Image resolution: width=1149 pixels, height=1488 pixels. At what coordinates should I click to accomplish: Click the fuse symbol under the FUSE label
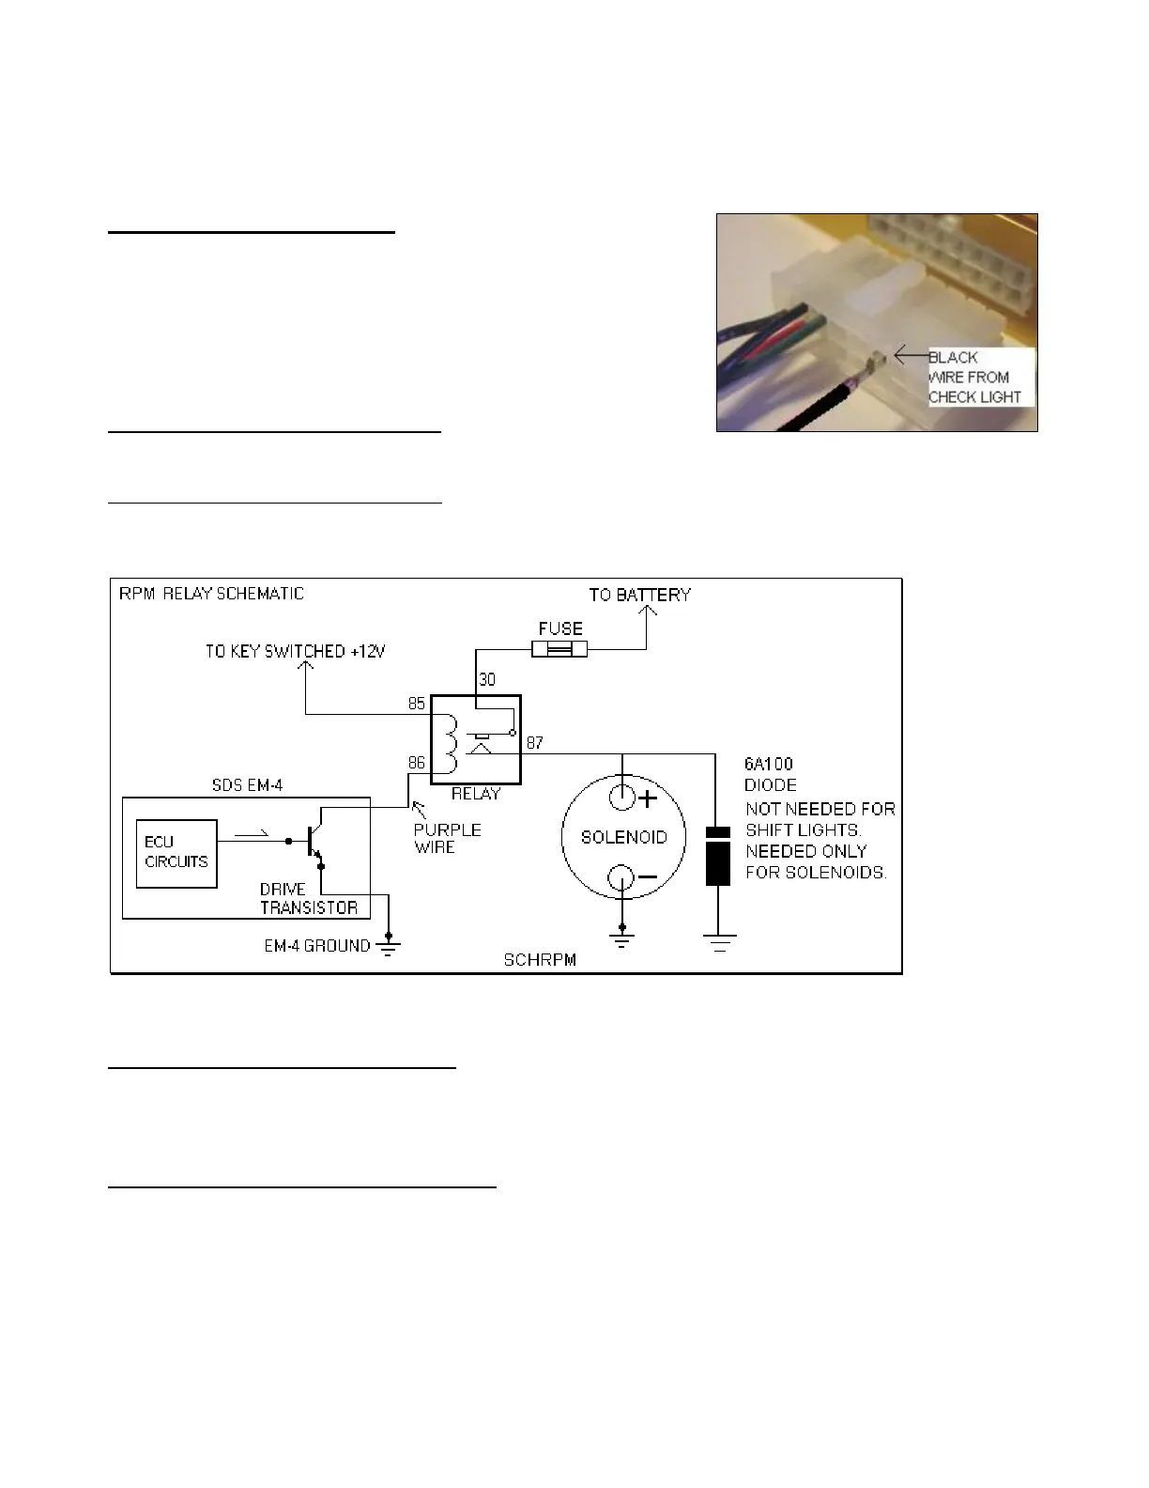559,649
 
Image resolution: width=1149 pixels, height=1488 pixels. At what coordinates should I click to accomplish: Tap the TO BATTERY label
639,595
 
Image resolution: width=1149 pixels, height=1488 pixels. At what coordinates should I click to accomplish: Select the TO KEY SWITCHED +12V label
296,651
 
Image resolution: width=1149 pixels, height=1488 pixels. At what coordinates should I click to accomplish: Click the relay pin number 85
416,704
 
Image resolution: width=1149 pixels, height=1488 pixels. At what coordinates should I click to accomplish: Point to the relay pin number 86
416,764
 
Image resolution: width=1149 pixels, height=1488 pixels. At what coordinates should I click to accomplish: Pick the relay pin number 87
534,742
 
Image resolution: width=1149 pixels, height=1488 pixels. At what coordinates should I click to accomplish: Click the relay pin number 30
487,679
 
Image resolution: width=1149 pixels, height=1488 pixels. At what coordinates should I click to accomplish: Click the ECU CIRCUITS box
176,853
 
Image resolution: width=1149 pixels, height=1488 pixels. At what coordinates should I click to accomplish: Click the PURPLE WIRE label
447,838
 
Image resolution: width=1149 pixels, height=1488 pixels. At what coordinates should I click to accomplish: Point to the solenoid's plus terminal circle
622,798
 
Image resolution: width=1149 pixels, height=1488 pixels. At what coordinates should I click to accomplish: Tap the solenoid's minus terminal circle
622,878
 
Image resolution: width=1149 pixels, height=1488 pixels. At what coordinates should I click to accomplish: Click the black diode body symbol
718,855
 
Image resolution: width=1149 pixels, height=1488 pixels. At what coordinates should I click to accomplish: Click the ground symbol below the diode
719,942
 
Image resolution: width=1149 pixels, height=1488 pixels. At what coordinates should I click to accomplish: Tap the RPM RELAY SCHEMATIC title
211,594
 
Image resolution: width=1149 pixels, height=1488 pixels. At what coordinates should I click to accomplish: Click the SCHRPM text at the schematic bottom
539,960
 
